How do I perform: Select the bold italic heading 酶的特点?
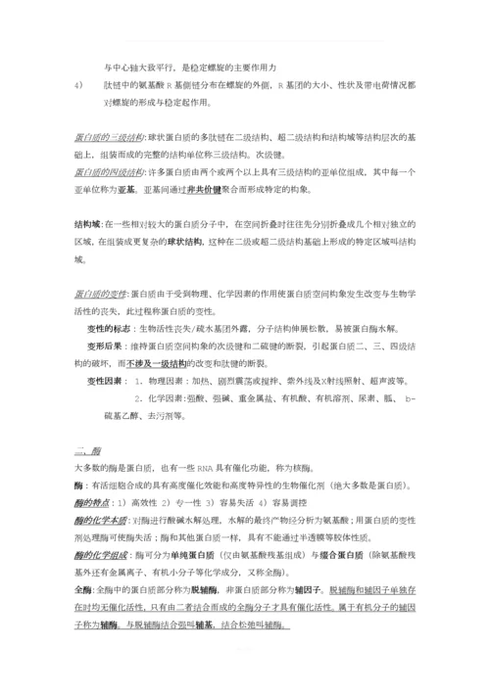[94, 503]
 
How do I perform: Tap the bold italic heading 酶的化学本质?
[101, 521]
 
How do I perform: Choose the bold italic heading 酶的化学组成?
[101, 555]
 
